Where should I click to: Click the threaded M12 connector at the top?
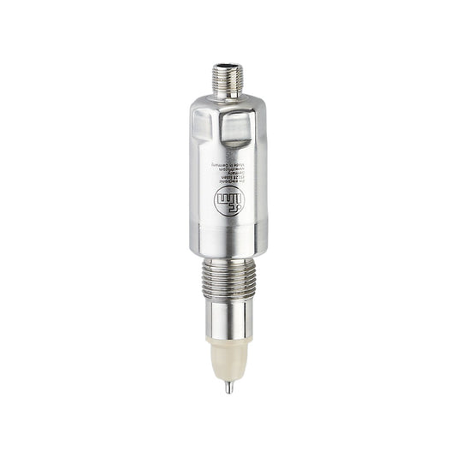coord(228,76)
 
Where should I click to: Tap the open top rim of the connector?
coord(228,66)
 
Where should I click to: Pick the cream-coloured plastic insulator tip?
coord(228,363)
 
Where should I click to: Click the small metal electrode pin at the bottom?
coord(228,387)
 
